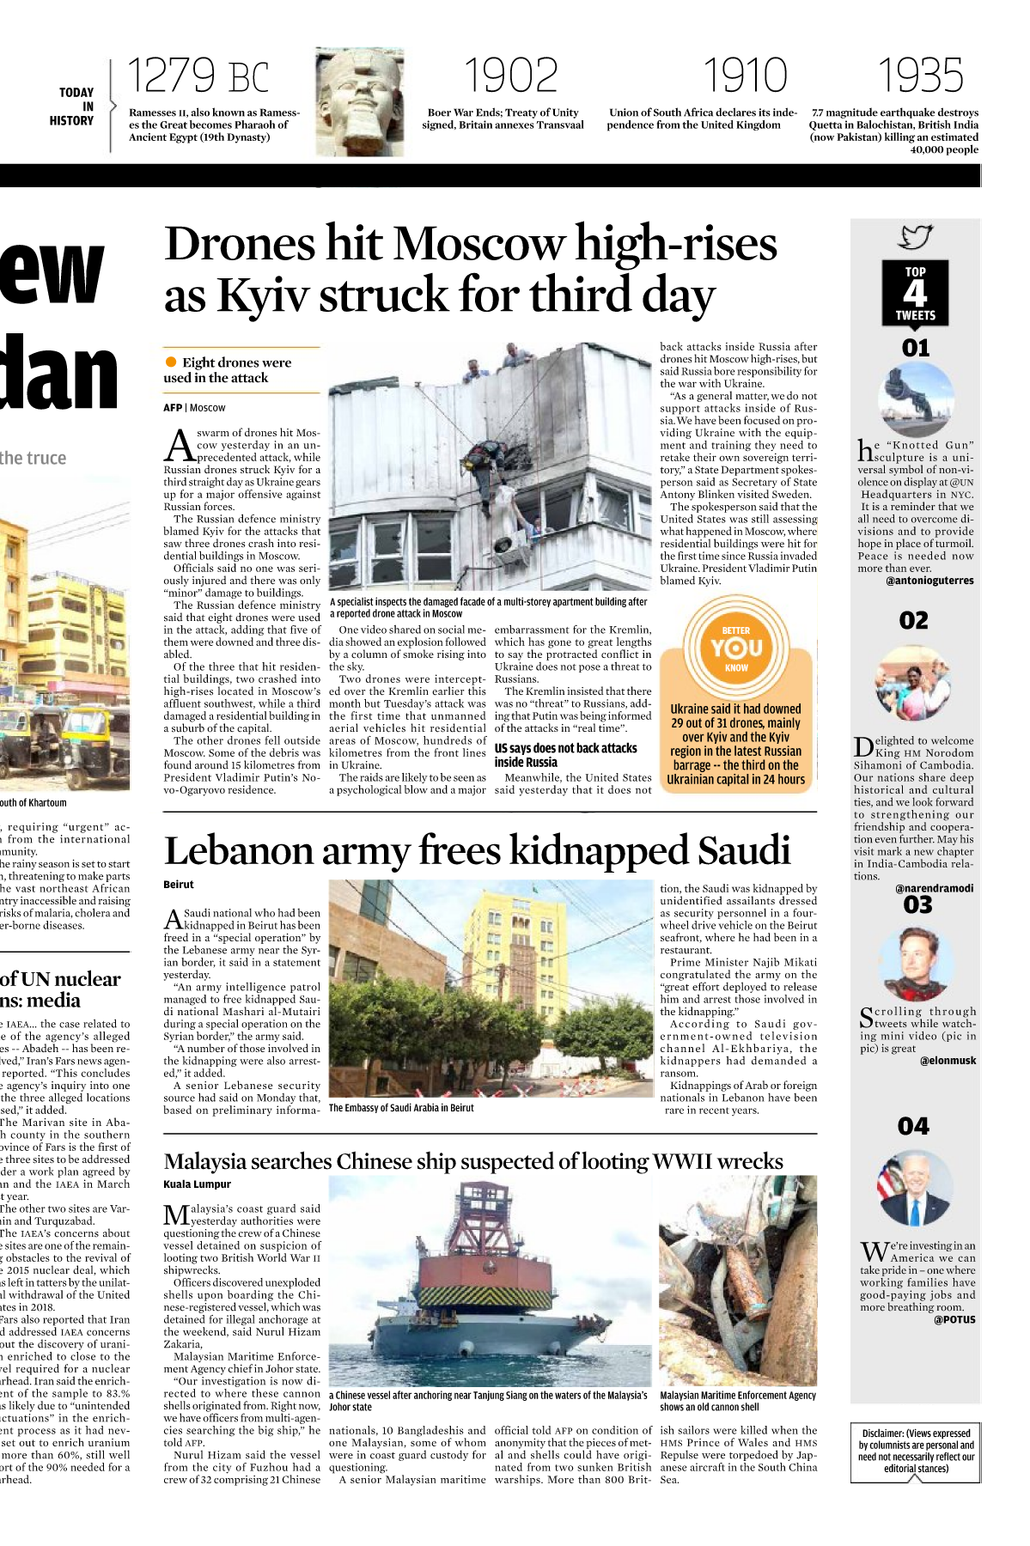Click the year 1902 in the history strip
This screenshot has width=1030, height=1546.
coord(510,76)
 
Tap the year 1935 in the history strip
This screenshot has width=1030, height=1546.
coord(919,76)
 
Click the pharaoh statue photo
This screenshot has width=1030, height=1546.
coord(358,102)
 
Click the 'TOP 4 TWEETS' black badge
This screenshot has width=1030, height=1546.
coord(915,293)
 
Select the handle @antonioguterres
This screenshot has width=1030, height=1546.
coord(929,581)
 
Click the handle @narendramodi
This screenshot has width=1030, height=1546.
coord(934,888)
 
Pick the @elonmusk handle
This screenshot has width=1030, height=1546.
coord(948,1061)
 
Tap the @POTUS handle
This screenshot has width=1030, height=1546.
coord(954,1319)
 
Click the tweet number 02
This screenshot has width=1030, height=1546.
coord(914,620)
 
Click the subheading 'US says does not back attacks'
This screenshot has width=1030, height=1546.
coord(565,749)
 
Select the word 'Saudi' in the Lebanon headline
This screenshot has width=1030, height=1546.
coord(744,851)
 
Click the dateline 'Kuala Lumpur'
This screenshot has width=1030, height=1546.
coord(197,1184)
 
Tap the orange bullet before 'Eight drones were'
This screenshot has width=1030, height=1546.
coord(171,362)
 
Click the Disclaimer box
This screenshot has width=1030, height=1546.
coord(916,1451)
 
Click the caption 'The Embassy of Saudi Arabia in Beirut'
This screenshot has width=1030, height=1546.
coord(401,1108)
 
